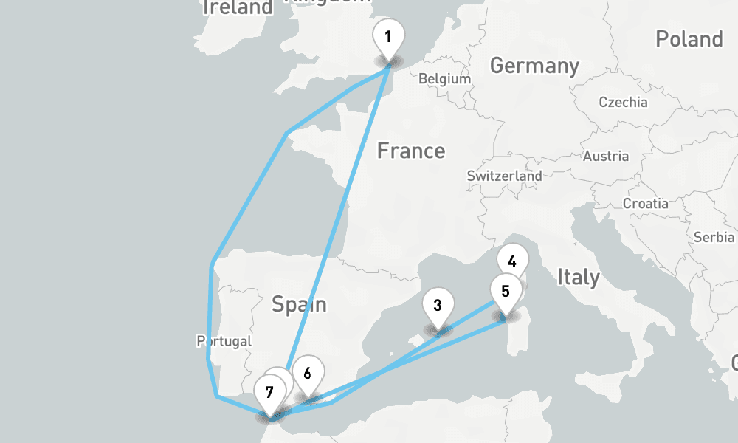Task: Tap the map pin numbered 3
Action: pyautogui.click(x=438, y=305)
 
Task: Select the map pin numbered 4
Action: pyautogui.click(x=513, y=260)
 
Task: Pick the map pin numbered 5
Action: pyautogui.click(x=506, y=290)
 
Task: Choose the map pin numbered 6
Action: pyautogui.click(x=307, y=373)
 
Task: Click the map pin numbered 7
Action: pyautogui.click(x=269, y=391)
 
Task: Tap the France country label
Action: pyautogui.click(x=411, y=151)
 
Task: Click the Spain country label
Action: pyautogui.click(x=299, y=303)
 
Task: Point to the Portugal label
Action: pyautogui.click(x=224, y=341)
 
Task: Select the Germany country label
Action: pyautogui.click(x=534, y=66)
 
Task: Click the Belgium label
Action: pyautogui.click(x=444, y=79)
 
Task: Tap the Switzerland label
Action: pyautogui.click(x=504, y=176)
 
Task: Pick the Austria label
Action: pyautogui.click(x=606, y=156)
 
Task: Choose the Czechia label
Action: pyautogui.click(x=623, y=103)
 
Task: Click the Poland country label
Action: pyautogui.click(x=689, y=39)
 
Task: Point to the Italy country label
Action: pyautogui.click(x=578, y=278)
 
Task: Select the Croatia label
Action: pyautogui.click(x=645, y=203)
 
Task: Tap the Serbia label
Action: pyautogui.click(x=714, y=237)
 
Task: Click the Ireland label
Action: pyautogui.click(x=238, y=8)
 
